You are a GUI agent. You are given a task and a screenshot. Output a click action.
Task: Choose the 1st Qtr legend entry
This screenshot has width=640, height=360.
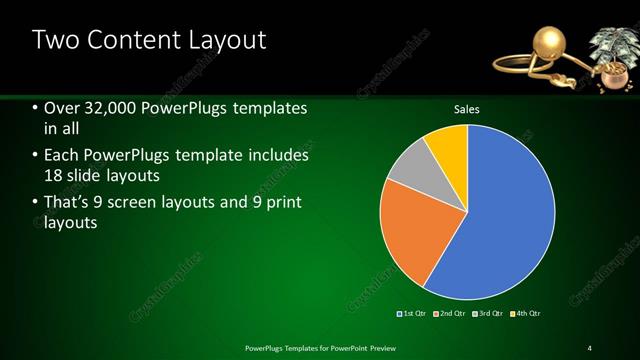[x=412, y=314]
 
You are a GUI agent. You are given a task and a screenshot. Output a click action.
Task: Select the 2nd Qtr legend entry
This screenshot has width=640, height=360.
[x=450, y=314]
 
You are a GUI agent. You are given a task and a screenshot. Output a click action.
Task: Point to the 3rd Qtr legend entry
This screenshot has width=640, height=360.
[x=488, y=314]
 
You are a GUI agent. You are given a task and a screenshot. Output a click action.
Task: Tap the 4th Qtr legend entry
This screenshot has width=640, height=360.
[x=526, y=314]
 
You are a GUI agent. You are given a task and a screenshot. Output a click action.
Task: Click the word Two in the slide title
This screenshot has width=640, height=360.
[x=56, y=40]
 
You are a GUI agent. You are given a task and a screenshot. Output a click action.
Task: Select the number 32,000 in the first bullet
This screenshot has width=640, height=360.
[x=109, y=108]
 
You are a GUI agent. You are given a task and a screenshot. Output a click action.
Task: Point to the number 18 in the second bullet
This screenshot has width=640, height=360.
[x=57, y=177]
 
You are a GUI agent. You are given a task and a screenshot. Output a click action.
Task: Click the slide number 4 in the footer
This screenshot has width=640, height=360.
[x=590, y=347]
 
